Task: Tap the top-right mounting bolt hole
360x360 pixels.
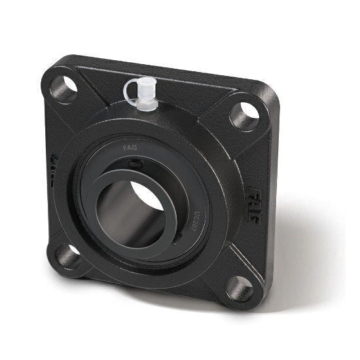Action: (243, 116)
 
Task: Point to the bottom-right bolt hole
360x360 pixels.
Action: (239, 288)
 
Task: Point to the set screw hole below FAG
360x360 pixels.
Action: (134, 164)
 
